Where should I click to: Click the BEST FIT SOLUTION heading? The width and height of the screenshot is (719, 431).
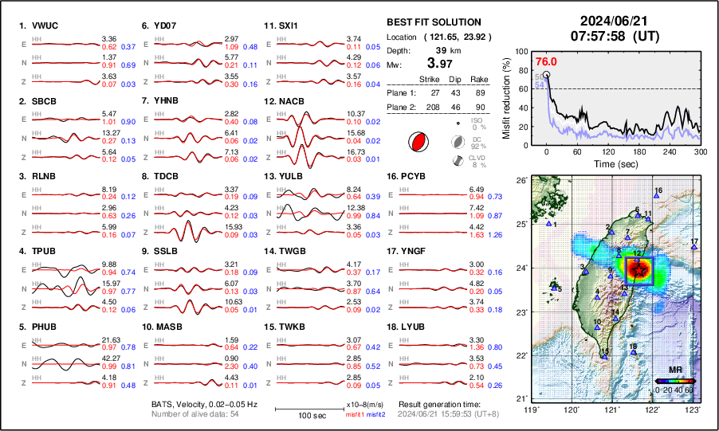[x=433, y=22]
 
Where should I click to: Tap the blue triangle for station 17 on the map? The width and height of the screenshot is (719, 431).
[x=693, y=248]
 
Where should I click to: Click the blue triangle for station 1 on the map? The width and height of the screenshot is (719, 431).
[x=548, y=225]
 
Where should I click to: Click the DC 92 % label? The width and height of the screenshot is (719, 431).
[x=477, y=142]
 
